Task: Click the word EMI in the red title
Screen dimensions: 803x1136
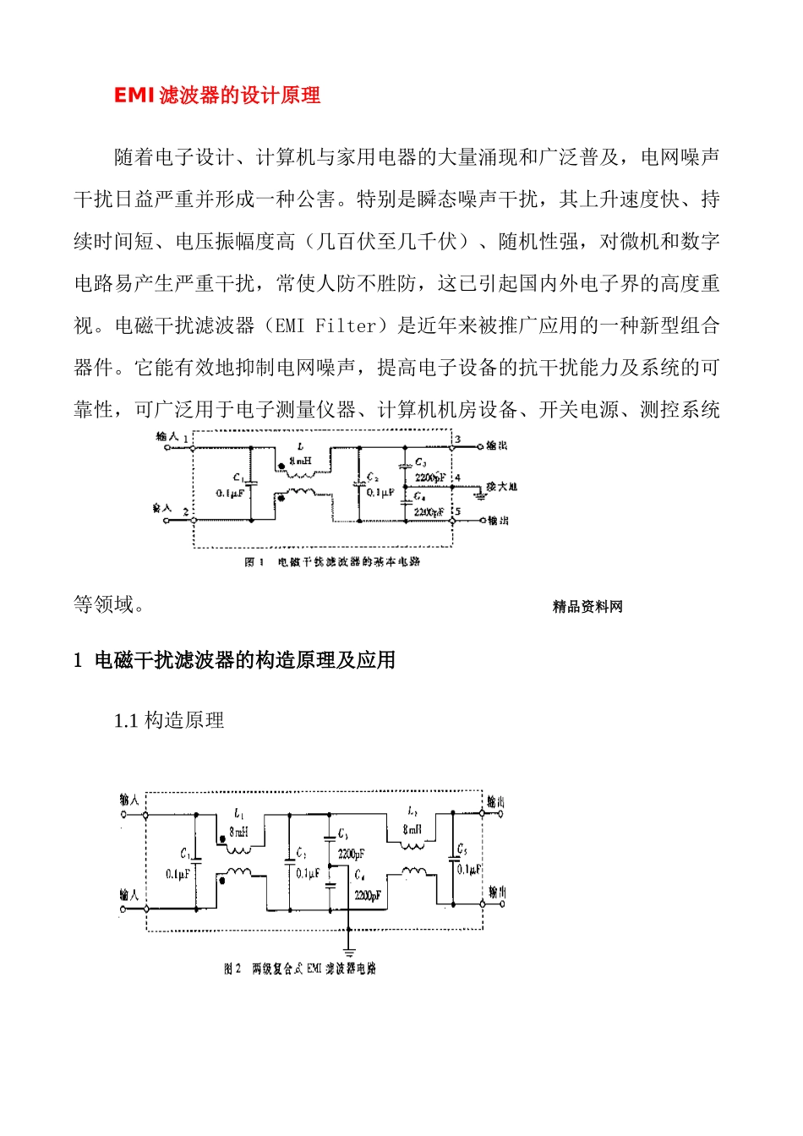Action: tap(134, 96)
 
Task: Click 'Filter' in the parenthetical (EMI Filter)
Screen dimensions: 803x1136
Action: tap(346, 326)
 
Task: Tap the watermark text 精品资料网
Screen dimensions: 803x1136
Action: tap(587, 607)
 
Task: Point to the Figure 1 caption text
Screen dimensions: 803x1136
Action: tap(332, 562)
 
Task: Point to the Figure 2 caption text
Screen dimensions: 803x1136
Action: tap(300, 969)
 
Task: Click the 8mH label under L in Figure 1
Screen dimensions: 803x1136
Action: tap(300, 461)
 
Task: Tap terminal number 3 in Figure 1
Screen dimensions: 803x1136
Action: tap(457, 440)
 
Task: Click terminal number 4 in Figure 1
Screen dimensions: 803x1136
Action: tap(457, 478)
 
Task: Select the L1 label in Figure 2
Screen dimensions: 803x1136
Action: tap(239, 814)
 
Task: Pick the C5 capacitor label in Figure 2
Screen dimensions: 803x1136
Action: tap(462, 849)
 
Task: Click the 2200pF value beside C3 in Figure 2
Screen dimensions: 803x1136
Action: tap(352, 855)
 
